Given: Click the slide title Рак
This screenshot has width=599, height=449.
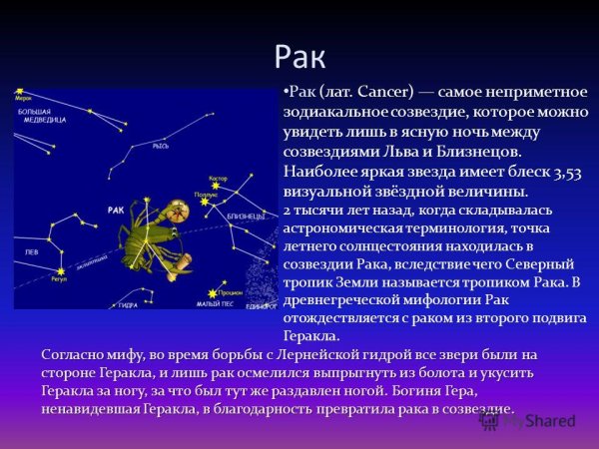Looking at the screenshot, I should point(299,52).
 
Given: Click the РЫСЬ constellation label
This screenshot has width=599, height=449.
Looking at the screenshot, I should point(160,146).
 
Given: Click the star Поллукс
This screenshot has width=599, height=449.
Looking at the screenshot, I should point(205,201).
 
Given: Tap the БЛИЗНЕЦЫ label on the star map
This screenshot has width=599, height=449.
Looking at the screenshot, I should point(245,216).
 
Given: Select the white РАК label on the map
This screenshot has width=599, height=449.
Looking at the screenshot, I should point(116,210).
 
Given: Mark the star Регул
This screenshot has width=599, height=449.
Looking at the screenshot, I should point(60,270).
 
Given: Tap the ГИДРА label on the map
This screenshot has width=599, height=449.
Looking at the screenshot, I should point(127,304).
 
